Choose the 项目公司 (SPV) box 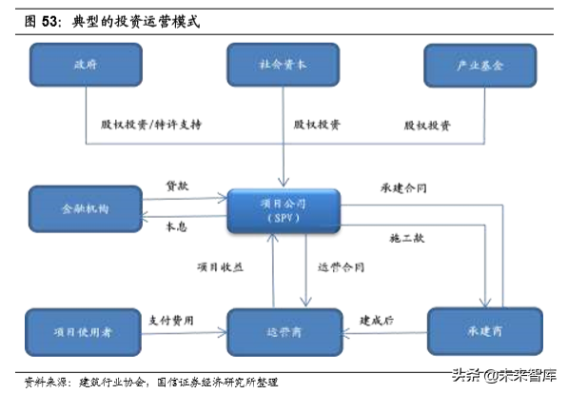pos(284,211)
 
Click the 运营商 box pos(284,332)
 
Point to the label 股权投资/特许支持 pos(151,125)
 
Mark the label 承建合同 pos(403,188)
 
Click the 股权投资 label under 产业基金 pos(426,125)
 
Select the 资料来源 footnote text pos(152,381)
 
